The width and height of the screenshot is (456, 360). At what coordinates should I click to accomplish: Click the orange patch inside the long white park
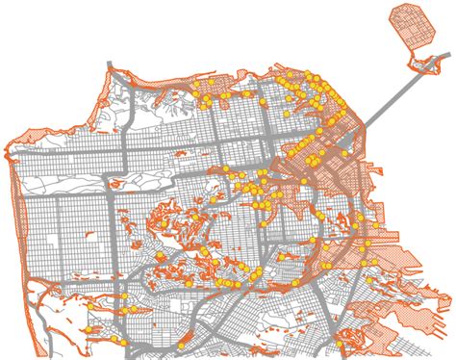tap(116, 181)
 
